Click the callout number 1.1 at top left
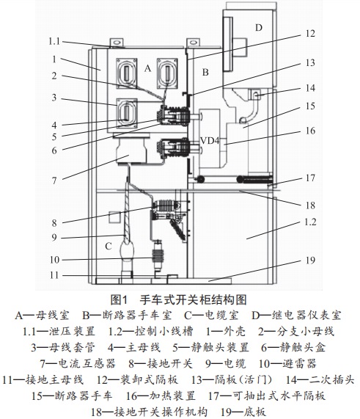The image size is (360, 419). (x=54, y=41)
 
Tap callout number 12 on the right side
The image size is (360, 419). (x=310, y=34)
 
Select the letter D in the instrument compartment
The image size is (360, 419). (x=259, y=28)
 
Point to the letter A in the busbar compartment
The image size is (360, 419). (x=147, y=69)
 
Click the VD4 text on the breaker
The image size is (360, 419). (x=210, y=140)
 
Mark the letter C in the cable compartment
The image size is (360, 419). (x=109, y=246)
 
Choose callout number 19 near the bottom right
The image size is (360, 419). (x=310, y=260)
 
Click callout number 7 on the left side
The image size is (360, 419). (x=54, y=181)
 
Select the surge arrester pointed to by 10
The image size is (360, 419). (x=158, y=255)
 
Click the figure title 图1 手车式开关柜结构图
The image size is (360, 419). (x=178, y=300)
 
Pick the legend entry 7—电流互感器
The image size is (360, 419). (x=78, y=363)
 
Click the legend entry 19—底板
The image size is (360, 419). (x=243, y=412)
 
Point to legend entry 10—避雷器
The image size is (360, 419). (x=287, y=363)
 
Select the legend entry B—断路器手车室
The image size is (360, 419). (x=127, y=316)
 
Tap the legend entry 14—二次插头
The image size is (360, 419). (x=320, y=379)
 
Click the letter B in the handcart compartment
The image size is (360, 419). (x=205, y=72)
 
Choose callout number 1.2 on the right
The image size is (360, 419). (x=310, y=222)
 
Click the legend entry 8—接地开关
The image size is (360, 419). (x=161, y=363)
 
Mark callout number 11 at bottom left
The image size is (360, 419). (x=54, y=275)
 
